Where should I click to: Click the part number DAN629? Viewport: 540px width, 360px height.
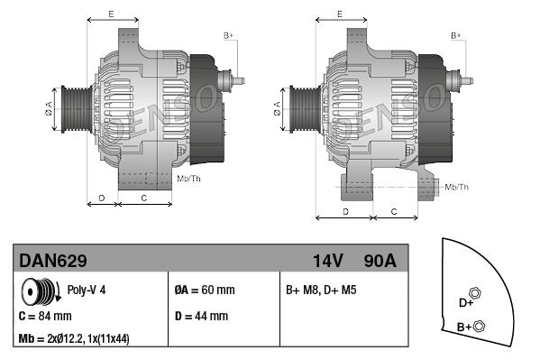pyautogui.click(x=53, y=261)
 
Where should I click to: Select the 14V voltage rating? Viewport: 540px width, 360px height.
pyautogui.click(x=328, y=261)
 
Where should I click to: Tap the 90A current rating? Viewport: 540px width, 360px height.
pyautogui.click(x=379, y=261)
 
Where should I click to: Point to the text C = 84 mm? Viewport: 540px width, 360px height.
pyautogui.click(x=45, y=317)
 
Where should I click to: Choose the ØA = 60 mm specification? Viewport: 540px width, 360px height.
pyautogui.click(x=204, y=291)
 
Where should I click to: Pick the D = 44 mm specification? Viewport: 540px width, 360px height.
pyautogui.click(x=200, y=317)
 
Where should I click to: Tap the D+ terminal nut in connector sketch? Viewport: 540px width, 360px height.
pyautogui.click(x=476, y=293)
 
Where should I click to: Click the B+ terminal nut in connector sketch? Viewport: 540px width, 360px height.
pyautogui.click(x=479, y=326)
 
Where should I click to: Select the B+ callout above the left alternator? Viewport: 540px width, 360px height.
pyautogui.click(x=228, y=35)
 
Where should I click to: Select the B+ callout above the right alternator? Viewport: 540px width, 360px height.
pyautogui.click(x=456, y=35)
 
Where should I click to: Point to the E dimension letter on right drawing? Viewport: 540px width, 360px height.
pyautogui.click(x=339, y=14)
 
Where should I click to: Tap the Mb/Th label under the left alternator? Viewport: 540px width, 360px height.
pyautogui.click(x=188, y=179)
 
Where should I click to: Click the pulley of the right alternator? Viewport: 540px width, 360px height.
pyautogui.click(x=298, y=111)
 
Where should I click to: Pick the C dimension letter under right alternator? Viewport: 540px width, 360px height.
pyautogui.click(x=394, y=211)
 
